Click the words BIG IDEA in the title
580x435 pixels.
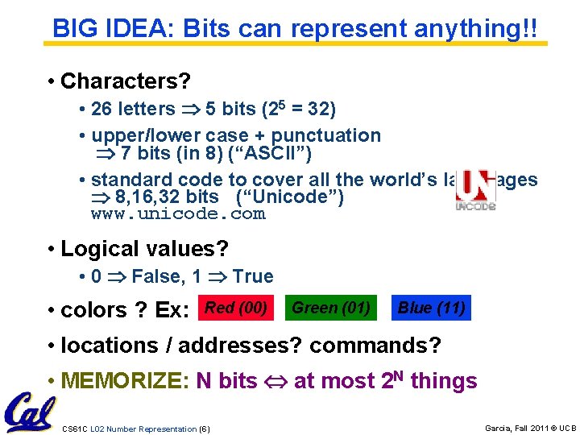114,29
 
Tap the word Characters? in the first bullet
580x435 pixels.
125,81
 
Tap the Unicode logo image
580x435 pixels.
474,191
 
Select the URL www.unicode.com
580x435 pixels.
178,214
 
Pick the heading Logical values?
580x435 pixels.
144,248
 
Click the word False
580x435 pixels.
157,276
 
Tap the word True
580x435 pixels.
253,276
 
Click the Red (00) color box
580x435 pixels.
236,308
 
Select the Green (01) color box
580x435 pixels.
331,308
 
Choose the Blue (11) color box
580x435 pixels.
431,308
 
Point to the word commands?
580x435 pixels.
375,346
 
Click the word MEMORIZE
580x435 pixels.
125,381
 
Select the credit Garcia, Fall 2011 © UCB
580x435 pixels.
530,428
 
